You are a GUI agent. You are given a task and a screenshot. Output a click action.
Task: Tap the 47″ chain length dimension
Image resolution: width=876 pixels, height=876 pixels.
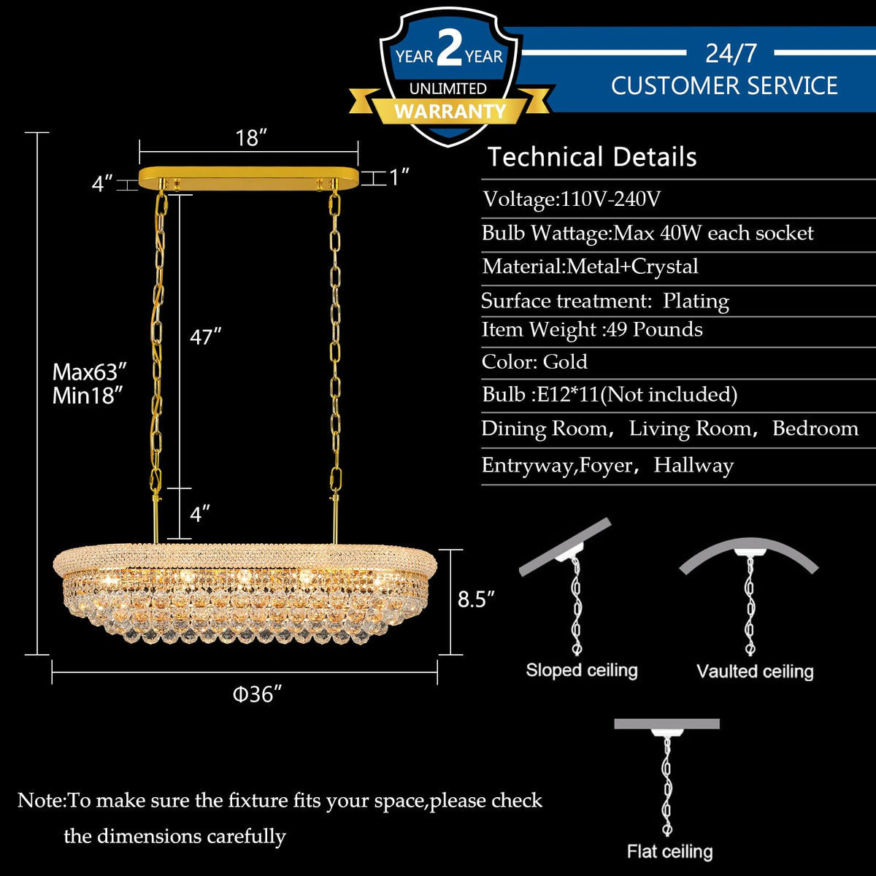tap(205, 337)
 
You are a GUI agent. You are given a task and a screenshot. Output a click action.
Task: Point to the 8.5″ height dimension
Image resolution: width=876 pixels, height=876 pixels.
tap(476, 599)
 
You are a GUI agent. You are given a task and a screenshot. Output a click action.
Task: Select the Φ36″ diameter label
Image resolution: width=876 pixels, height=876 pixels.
tap(257, 693)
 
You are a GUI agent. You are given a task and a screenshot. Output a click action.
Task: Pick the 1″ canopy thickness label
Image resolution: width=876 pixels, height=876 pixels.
tap(399, 177)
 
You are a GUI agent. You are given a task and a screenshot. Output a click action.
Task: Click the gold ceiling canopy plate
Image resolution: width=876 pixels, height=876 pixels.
tap(248, 177)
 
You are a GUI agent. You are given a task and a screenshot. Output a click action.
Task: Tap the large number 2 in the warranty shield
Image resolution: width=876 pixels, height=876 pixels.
tap(449, 50)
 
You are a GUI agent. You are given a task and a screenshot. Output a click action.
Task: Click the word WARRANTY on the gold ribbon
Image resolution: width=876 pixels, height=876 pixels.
tap(450, 111)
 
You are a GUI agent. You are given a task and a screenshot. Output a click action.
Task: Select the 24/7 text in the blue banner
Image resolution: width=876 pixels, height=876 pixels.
tap(731, 53)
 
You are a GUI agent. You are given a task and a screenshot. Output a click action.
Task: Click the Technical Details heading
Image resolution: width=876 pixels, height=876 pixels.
tap(592, 157)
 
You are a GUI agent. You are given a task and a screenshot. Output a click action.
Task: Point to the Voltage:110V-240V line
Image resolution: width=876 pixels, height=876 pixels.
tap(572, 199)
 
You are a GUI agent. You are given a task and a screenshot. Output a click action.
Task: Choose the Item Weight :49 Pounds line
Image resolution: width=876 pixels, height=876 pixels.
tap(592, 330)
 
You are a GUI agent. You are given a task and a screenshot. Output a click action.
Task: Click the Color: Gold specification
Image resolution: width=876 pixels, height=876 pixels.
tap(534, 362)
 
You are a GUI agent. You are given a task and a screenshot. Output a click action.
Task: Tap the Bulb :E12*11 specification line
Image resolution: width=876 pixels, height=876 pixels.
tap(610, 395)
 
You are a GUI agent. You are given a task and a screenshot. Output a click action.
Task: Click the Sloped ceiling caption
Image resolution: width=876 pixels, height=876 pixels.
tap(582, 670)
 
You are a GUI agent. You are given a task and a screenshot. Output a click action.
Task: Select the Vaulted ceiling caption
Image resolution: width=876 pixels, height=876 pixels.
tap(755, 672)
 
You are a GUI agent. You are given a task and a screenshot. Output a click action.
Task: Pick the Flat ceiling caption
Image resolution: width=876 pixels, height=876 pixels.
tap(669, 851)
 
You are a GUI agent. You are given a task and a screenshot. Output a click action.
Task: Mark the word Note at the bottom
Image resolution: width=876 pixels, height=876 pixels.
tap(40, 801)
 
